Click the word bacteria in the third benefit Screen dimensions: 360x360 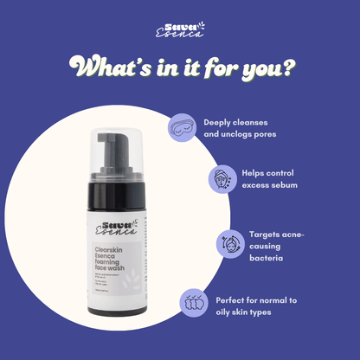click(x=270, y=258)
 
